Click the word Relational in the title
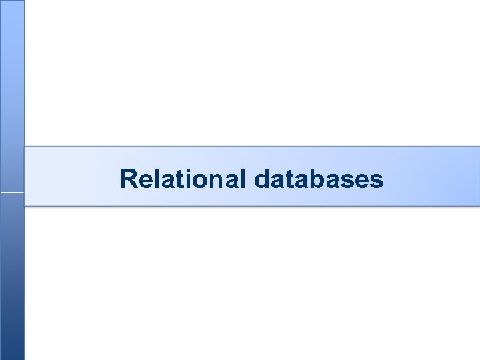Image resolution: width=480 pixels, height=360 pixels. pos(183,179)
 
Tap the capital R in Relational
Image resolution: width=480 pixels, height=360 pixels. pos(129,179)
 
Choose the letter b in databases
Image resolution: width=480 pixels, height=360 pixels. pos(319,179)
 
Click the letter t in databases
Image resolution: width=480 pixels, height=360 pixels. pos(291,179)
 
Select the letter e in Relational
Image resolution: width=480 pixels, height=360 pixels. pos(147,181)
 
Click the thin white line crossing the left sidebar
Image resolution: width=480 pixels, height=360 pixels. pos(12,193)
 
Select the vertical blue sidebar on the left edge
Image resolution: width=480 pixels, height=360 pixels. pos(12,280)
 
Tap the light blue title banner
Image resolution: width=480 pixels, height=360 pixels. pos(427,177)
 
